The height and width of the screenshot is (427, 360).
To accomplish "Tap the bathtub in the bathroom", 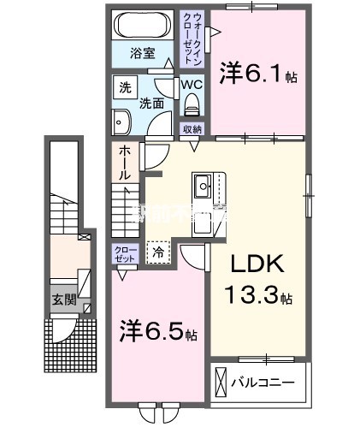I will tap(143, 24).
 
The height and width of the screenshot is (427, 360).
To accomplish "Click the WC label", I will tap(191, 86).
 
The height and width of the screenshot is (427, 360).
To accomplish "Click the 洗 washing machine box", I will tap(124, 87).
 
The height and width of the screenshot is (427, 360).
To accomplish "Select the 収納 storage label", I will tap(192, 129).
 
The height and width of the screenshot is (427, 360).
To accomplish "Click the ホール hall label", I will tap(124, 162).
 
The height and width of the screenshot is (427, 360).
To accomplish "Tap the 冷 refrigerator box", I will tap(158, 252).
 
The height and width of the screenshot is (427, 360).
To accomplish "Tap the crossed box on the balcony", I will tap(221, 382).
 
